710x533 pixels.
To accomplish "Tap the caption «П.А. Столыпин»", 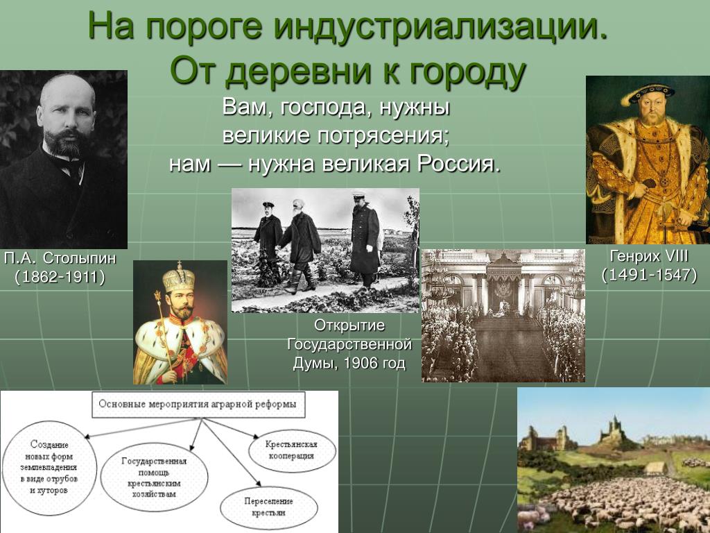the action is [x=60, y=258].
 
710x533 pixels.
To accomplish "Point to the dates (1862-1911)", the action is [x=60, y=277].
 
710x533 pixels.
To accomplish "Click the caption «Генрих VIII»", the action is [x=649, y=257].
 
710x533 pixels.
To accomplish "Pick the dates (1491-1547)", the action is [x=649, y=275].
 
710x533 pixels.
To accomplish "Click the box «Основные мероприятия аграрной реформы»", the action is [x=198, y=405].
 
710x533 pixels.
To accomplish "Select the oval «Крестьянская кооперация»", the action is [x=292, y=450].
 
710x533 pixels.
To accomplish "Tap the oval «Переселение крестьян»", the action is [x=269, y=507].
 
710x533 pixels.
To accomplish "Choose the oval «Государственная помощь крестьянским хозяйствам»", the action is [x=154, y=477].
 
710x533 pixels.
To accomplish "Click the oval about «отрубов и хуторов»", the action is [x=49, y=468].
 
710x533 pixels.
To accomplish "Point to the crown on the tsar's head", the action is [x=179, y=278].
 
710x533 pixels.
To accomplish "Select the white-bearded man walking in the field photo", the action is [x=299, y=245].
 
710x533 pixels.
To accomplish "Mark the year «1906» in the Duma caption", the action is [x=363, y=363].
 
